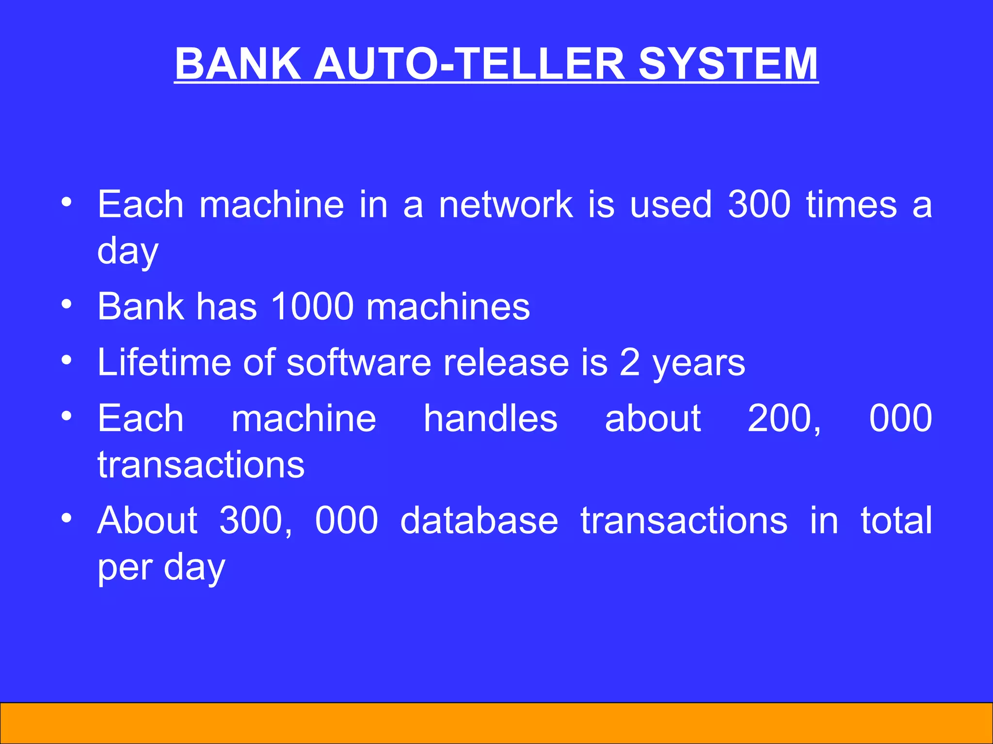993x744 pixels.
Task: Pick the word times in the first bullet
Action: (851, 204)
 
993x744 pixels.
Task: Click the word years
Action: (699, 363)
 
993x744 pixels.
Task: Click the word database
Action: (479, 520)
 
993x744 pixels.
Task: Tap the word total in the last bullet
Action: (896, 520)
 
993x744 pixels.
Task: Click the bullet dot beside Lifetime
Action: (67, 360)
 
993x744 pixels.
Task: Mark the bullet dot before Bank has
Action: (67, 304)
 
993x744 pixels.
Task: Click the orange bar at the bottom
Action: (496, 723)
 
